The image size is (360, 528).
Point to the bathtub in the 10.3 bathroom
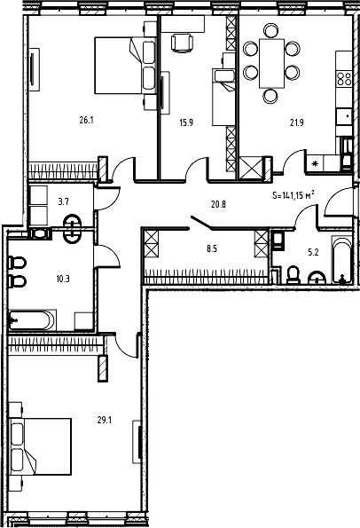[32, 319]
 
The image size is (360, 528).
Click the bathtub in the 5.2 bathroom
[343, 259]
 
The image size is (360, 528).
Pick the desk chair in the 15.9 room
[181, 41]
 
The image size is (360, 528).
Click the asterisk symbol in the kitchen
[315, 162]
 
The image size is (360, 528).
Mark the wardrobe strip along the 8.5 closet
[206, 277]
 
